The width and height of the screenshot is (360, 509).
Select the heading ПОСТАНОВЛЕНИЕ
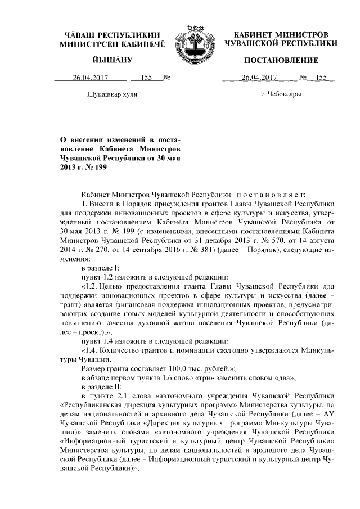[281, 60]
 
